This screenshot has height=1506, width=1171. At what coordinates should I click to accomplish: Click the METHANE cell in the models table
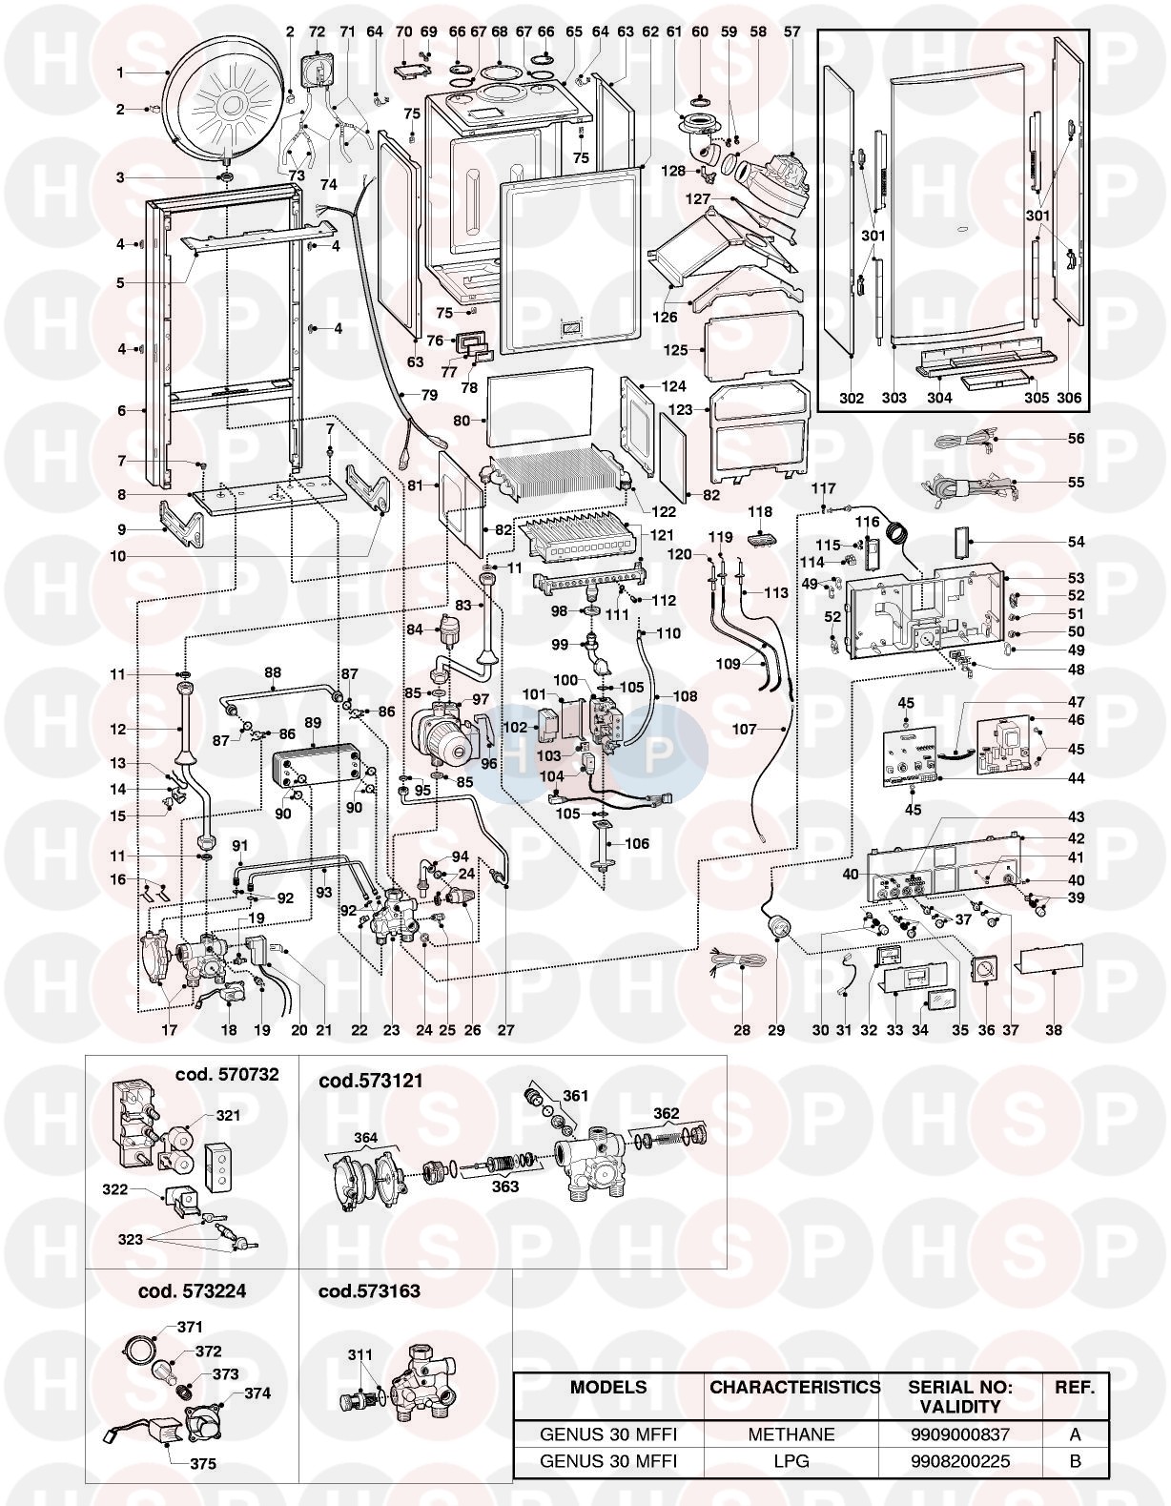791,1434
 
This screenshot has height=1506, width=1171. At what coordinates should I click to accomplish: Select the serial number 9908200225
960,1460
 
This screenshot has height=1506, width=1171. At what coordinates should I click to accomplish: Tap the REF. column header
1075,1388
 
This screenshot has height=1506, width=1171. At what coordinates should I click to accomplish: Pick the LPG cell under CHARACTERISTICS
791,1460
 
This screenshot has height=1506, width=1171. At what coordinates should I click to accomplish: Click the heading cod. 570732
227,1075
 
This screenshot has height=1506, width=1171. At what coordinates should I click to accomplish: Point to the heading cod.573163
369,1291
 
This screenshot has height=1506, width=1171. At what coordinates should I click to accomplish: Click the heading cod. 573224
192,1291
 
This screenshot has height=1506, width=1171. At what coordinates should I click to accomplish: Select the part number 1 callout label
120,72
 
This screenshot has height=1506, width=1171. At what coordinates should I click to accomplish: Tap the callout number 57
792,31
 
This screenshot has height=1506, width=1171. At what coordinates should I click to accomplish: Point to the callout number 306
1069,398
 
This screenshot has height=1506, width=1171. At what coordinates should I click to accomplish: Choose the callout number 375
202,1464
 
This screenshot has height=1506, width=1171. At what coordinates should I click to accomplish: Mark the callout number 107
745,730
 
